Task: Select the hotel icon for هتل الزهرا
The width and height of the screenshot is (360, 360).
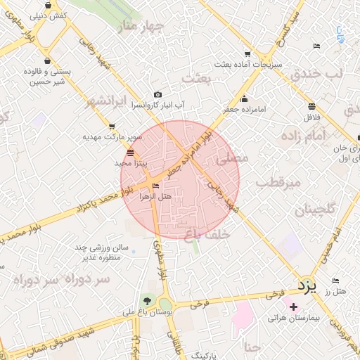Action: [156, 186]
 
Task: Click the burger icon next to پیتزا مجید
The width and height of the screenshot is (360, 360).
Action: [130, 152]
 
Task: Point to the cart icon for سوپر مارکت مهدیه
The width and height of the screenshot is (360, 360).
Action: [112, 127]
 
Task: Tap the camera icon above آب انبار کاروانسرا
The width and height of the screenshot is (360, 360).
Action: [157, 95]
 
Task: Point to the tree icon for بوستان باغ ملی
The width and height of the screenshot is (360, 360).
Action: [146, 300]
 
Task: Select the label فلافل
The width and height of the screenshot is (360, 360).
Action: [310, 117]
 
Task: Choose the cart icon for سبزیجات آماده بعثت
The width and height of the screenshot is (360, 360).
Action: [247, 53]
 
